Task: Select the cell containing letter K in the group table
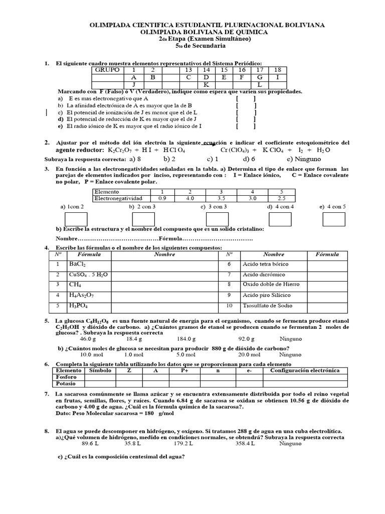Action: click(205, 85)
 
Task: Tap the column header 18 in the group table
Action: click(277, 70)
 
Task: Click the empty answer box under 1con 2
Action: click(77, 219)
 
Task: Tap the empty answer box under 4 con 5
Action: click(333, 219)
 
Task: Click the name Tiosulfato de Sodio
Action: click(267, 306)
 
